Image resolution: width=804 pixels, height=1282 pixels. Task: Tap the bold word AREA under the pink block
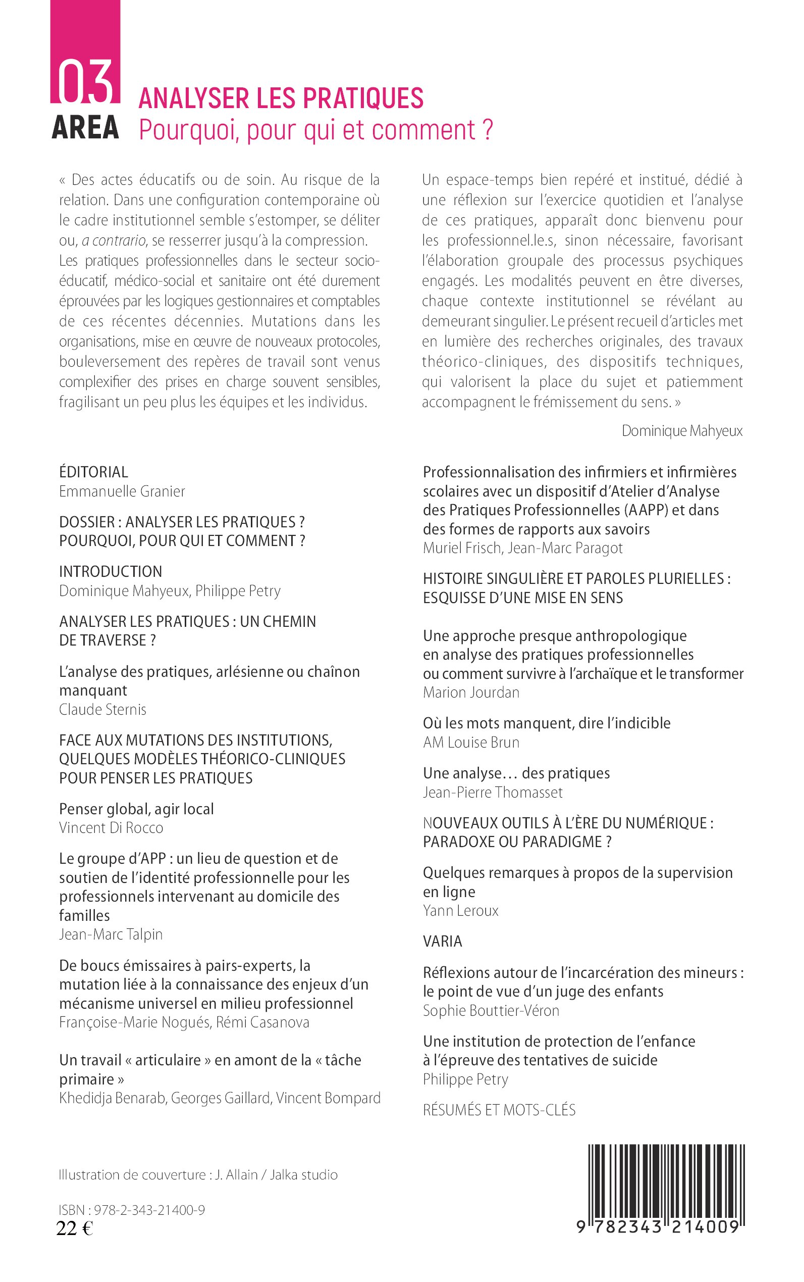pyautogui.click(x=85, y=128)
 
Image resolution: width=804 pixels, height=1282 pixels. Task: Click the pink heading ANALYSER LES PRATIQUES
pyautogui.click(x=281, y=98)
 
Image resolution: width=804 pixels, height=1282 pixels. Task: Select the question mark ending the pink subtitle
pyautogui.click(x=489, y=129)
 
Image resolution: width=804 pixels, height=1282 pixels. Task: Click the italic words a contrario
pyautogui.click(x=113, y=240)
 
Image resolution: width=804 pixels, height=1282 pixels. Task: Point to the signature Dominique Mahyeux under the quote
pyautogui.click(x=682, y=430)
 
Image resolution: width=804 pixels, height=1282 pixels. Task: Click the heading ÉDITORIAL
pyautogui.click(x=93, y=472)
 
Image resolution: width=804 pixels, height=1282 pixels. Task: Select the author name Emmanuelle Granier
pyautogui.click(x=122, y=491)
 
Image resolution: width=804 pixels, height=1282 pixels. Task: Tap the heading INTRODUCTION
pyautogui.click(x=111, y=572)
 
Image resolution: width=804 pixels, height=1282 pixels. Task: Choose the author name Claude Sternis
pyautogui.click(x=102, y=709)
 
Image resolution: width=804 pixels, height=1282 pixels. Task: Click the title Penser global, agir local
pyautogui.click(x=136, y=809)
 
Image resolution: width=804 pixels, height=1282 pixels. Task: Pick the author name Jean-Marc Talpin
pyautogui.click(x=111, y=934)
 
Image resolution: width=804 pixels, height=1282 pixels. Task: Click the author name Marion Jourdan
pyautogui.click(x=471, y=693)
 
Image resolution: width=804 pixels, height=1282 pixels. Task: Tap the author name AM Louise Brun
pyautogui.click(x=471, y=743)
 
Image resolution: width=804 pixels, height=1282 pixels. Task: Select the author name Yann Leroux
pyautogui.click(x=460, y=911)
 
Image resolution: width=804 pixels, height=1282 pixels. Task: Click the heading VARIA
pyautogui.click(x=443, y=942)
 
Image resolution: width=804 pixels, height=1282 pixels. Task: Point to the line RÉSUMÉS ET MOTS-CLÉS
pyautogui.click(x=499, y=1110)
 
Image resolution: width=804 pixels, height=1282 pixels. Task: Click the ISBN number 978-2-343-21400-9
pyautogui.click(x=149, y=1210)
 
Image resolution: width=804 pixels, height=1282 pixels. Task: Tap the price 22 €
pyautogui.click(x=75, y=1228)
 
